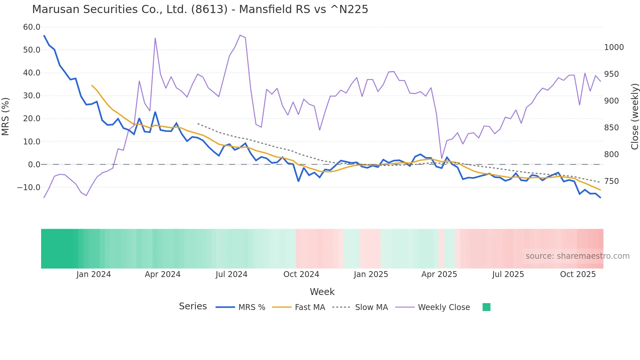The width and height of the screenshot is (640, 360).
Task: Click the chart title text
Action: point(200,9)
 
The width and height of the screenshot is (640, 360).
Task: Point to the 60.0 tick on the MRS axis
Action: point(32,27)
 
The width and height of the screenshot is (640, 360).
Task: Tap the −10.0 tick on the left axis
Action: point(29,188)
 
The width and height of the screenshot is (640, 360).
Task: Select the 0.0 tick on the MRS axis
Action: point(34,165)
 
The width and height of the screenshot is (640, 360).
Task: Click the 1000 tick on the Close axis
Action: point(614,47)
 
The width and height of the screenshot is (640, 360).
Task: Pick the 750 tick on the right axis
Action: point(611,181)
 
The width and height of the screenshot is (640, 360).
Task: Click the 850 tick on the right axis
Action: point(611,128)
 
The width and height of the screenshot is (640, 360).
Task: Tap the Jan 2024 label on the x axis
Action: point(93,274)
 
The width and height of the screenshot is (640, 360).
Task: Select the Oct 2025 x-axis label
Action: point(578,274)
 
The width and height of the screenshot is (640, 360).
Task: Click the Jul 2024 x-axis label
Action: point(231,274)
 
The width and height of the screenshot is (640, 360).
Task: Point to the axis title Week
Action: point(322,292)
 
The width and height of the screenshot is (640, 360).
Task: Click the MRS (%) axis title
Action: point(6,116)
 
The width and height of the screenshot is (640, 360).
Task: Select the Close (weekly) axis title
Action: point(634,116)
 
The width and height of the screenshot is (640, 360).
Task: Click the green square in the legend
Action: point(486,307)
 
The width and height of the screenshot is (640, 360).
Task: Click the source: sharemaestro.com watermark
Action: point(577,256)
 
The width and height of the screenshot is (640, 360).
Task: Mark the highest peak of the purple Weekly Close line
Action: point(240,35)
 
